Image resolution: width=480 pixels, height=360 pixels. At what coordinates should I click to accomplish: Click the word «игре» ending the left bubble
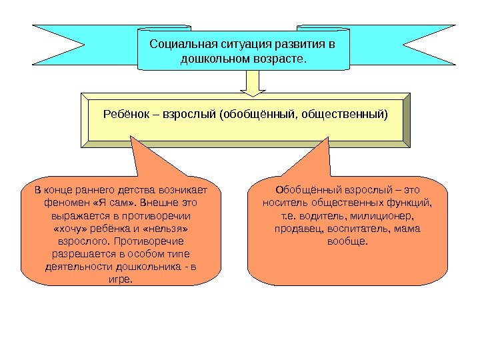pyautogui.click(x=119, y=279)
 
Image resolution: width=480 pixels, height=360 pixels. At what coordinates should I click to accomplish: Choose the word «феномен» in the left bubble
pyautogui.click(x=64, y=201)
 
